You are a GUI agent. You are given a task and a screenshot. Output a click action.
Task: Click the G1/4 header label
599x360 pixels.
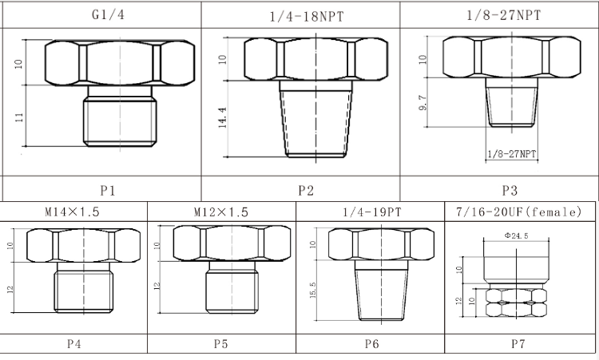click(x=108, y=15)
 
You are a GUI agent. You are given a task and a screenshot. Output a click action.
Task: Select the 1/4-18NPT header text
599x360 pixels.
click(x=307, y=17)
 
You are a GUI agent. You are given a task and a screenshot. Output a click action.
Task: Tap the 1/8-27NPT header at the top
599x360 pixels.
click(x=504, y=15)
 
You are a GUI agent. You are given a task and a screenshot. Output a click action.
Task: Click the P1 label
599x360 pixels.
click(x=108, y=190)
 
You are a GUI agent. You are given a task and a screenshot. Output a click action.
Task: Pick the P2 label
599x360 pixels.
click(x=306, y=190)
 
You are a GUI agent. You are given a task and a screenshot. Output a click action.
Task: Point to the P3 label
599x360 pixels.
click(x=510, y=190)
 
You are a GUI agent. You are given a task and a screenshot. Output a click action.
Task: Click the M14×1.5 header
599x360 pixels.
click(x=72, y=212)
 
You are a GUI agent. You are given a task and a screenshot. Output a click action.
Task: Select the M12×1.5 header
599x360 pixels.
click(x=220, y=212)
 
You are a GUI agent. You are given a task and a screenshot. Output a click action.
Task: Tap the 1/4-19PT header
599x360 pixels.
click(x=372, y=212)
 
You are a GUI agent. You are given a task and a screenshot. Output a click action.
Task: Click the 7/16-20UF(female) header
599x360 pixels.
click(x=519, y=212)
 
